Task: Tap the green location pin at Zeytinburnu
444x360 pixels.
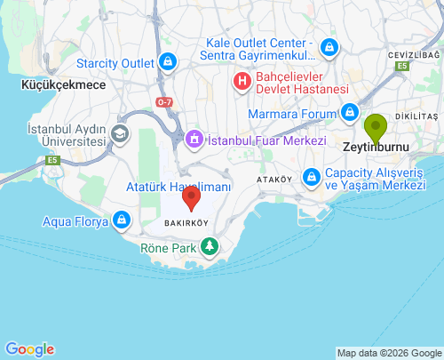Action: tap(376, 128)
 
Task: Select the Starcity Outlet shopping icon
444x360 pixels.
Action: tap(168, 62)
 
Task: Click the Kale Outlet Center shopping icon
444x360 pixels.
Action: tap(329, 48)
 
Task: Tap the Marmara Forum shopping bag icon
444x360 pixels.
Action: tap(351, 113)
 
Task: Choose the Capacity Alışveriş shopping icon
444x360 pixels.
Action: tap(312, 178)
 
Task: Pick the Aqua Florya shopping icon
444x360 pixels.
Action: tap(122, 219)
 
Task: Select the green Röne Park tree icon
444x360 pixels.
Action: tap(209, 245)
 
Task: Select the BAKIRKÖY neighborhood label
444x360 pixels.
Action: tap(186, 221)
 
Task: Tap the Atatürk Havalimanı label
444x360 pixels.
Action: tap(178, 188)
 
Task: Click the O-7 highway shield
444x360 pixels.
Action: tap(164, 102)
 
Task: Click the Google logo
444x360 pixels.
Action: tap(29, 349)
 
